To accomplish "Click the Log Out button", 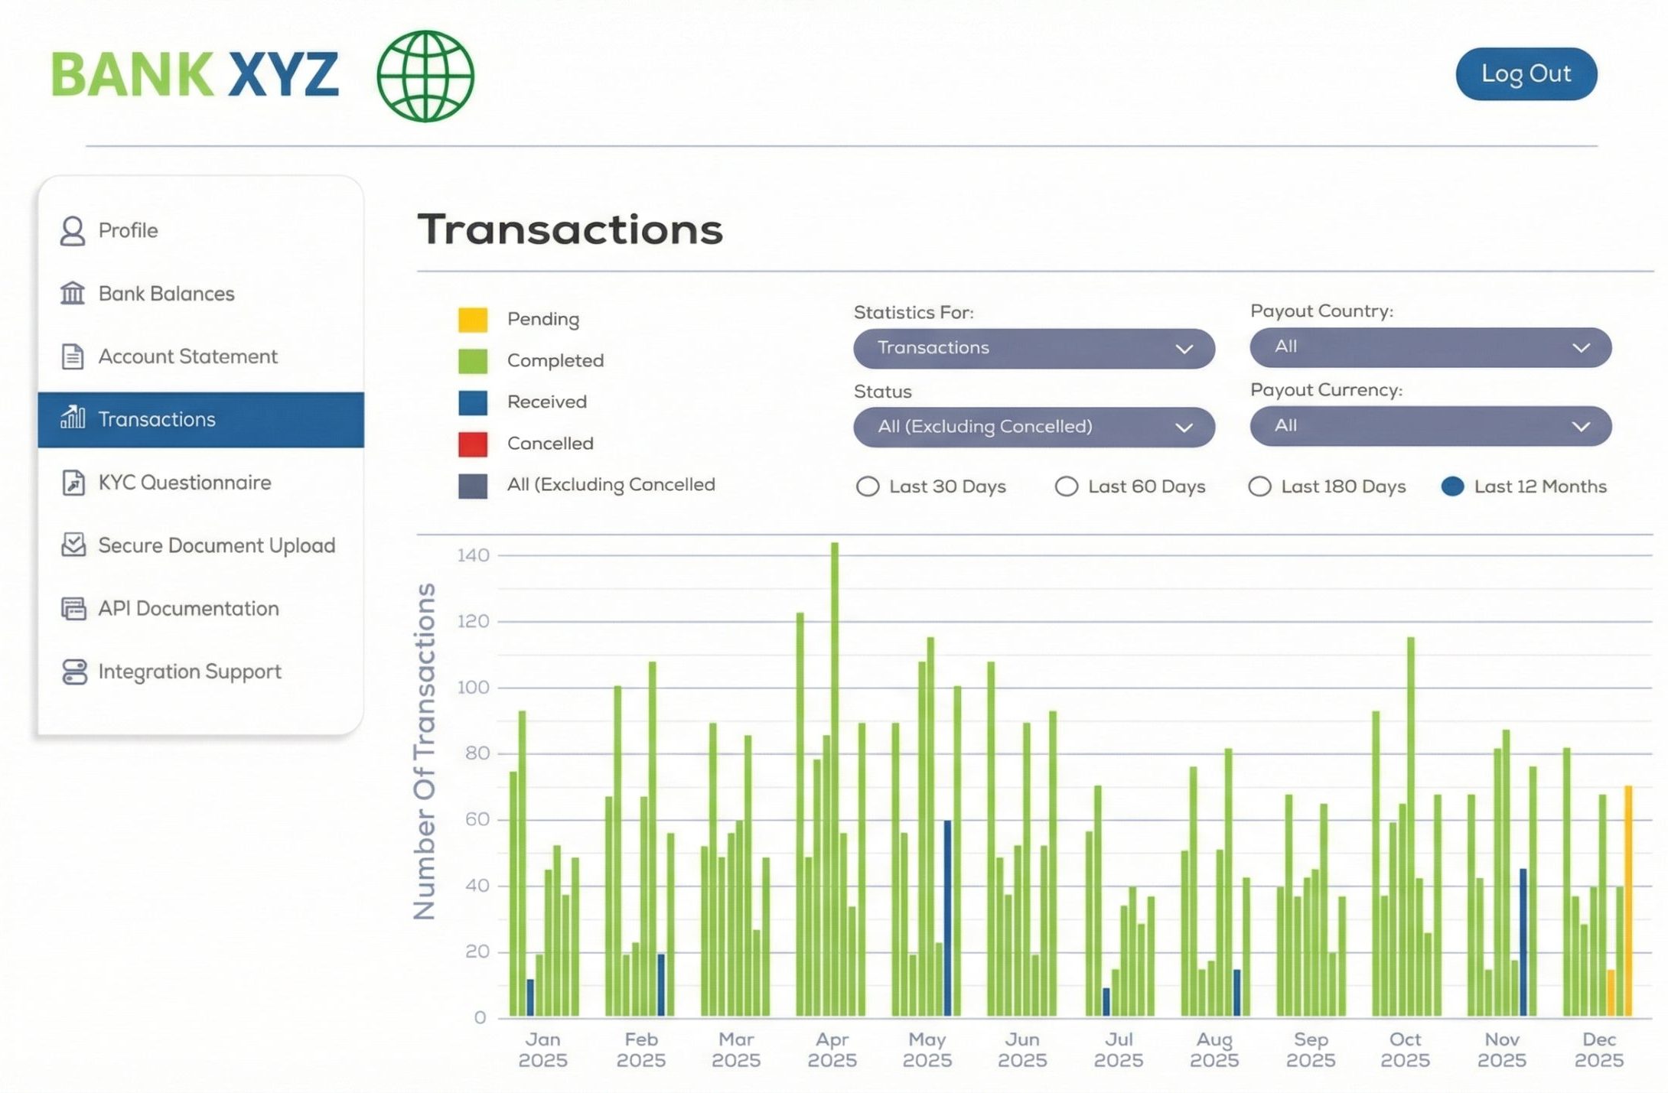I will point(1526,74).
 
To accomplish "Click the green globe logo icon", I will point(425,76).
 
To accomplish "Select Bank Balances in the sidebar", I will point(166,294).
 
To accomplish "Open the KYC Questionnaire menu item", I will point(184,483).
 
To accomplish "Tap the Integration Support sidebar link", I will point(189,672).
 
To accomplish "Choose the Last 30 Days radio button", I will point(868,486).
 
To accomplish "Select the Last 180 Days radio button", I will point(1259,486).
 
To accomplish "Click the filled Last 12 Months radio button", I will point(1452,486).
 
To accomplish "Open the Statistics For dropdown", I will point(1034,348).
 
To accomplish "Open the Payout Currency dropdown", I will point(1430,426).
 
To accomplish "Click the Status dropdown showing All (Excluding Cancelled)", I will point(1034,427).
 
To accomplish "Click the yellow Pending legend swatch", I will point(472,320).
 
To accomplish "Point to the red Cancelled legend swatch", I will point(472,444).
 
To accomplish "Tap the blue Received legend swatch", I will point(472,402).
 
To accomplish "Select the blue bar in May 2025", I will point(947,918).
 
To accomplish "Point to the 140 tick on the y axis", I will point(473,555).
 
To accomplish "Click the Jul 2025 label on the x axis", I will point(1118,1049).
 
